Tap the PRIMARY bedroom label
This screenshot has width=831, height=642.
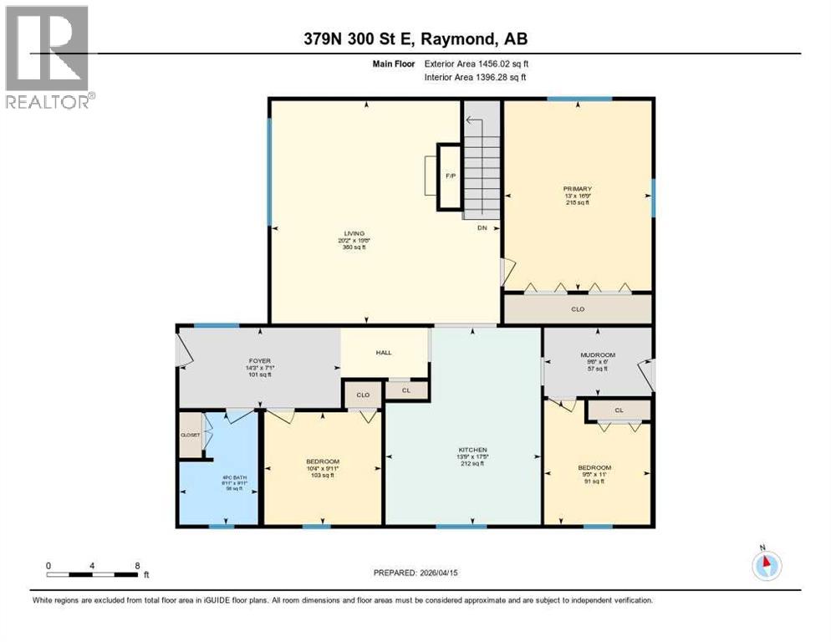pos(576,189)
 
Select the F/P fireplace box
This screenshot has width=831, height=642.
pos(449,176)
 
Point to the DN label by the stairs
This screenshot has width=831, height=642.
pos(482,227)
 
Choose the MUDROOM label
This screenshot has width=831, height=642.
pos(598,355)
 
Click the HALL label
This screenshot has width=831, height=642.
pos(384,353)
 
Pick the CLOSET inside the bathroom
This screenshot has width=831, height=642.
pos(190,436)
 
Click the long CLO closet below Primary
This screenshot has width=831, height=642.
pos(577,308)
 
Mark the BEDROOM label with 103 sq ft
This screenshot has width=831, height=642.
pos(322,462)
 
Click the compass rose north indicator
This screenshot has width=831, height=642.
pos(766,565)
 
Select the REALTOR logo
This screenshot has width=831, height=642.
pos(48,56)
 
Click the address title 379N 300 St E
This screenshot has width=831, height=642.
pos(415,38)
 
